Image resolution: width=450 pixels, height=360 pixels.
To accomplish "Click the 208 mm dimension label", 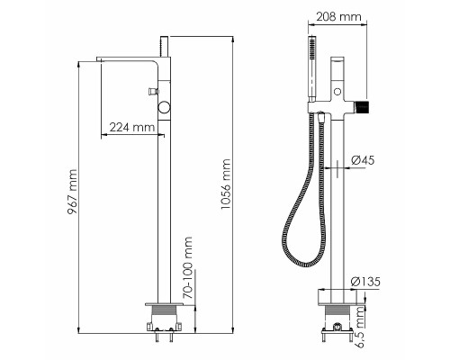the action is [338, 16].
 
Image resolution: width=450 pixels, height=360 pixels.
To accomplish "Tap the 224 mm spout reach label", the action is [132, 127].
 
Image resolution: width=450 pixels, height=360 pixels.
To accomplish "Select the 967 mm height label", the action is [72, 192].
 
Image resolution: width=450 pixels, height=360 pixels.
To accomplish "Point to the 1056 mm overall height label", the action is [226, 184].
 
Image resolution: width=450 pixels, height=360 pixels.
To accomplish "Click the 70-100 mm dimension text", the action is [187, 267].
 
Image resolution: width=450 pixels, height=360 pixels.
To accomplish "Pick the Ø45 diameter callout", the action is [363, 160].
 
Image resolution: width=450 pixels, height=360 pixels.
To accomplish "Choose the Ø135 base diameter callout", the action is [365, 282].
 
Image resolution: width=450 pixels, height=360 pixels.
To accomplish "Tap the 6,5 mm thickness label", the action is [359, 327].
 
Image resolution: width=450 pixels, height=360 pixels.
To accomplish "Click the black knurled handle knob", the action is [362, 107].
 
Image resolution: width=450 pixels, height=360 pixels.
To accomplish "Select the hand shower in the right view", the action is [312, 69].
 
